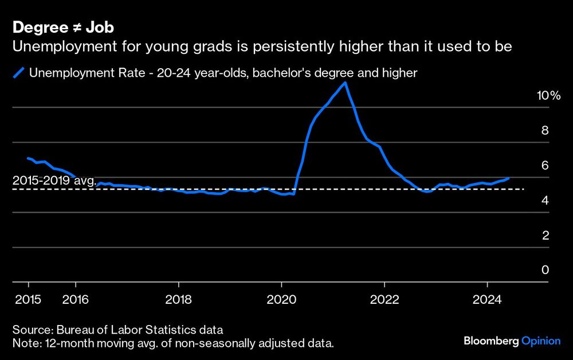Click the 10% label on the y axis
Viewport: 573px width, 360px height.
(548, 96)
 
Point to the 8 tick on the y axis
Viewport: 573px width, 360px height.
(545, 131)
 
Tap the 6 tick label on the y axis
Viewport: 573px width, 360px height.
(545, 166)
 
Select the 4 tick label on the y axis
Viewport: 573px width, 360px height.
(545, 201)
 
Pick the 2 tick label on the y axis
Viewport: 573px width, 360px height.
(545, 236)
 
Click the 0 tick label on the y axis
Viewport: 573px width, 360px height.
(545, 271)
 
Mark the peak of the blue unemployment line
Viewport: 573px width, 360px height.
(344, 83)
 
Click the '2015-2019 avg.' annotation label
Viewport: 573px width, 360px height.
(54, 181)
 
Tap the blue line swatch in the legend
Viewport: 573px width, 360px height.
(19, 73)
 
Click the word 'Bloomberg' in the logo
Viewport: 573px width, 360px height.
(490, 341)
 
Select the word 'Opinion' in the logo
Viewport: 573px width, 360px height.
(541, 341)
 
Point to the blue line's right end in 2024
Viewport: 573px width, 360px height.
(508, 178)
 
